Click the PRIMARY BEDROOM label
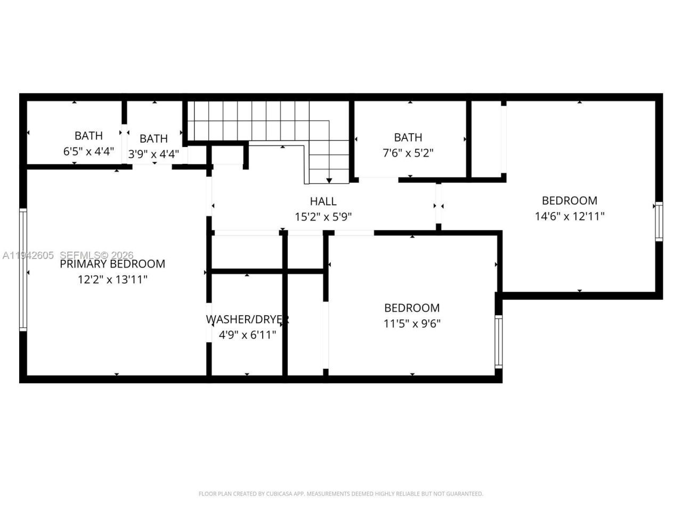112,264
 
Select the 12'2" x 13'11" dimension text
112,279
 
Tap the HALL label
323,201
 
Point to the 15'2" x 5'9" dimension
323,217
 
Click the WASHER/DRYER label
247,319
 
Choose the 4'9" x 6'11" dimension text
247,335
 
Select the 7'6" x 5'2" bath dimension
408,153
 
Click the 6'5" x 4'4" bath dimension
88,151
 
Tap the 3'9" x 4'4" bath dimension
153,154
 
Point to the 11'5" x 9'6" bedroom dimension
412,324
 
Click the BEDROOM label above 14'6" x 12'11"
569,201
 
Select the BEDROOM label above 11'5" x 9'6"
412,308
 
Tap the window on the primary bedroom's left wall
23,270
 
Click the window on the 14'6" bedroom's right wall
659,221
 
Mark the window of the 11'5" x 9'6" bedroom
499,341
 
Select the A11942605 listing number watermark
28,256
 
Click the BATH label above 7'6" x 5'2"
408,138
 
